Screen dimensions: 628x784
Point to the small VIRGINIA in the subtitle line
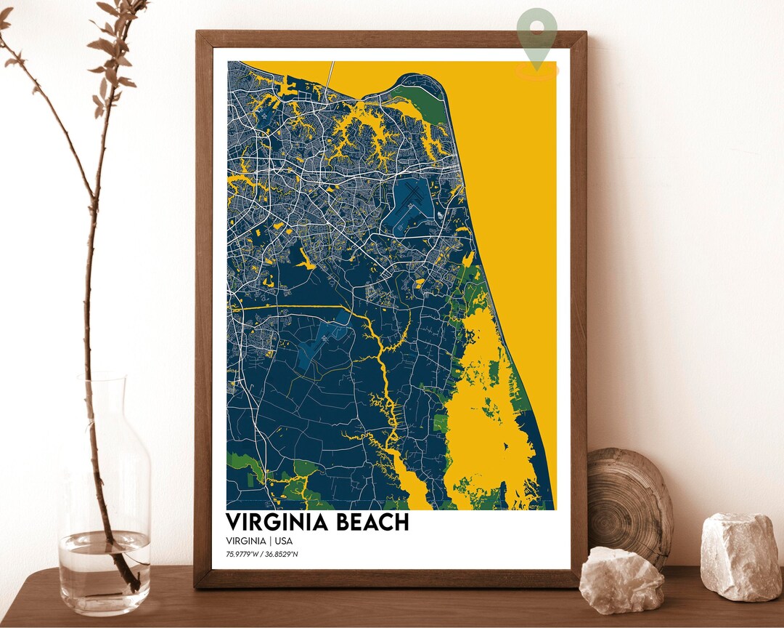tap(247, 542)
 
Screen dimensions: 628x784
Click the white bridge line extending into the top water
tap(331, 76)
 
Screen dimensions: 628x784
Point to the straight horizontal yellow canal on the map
tap(290, 307)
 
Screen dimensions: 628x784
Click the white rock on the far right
tap(740, 556)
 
